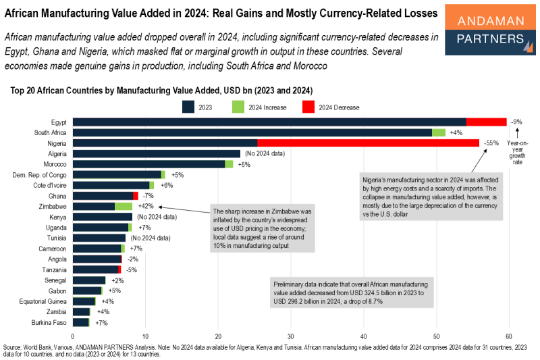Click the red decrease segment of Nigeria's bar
point(368,143)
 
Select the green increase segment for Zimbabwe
point(124,206)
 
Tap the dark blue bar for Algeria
point(156,153)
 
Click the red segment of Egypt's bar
point(486,122)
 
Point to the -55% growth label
point(491,143)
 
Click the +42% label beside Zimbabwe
point(146,206)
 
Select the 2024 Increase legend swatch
point(238,107)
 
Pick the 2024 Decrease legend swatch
point(308,107)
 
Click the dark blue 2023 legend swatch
point(188,107)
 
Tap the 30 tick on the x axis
point(291,336)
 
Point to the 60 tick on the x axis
point(509,336)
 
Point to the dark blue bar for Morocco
point(148,164)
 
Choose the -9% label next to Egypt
point(517,122)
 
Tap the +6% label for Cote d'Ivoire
point(167,185)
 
